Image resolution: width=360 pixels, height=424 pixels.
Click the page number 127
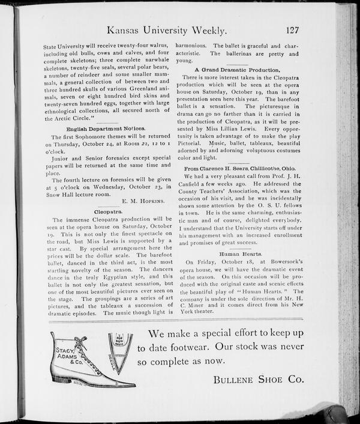tap(293, 30)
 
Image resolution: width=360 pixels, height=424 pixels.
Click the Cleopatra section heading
tap(109, 212)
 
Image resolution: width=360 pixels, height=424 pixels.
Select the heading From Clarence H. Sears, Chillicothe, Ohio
tap(238, 169)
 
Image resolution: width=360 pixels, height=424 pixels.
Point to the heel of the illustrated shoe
tap(61, 378)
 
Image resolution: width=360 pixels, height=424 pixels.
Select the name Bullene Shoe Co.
tap(258, 380)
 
